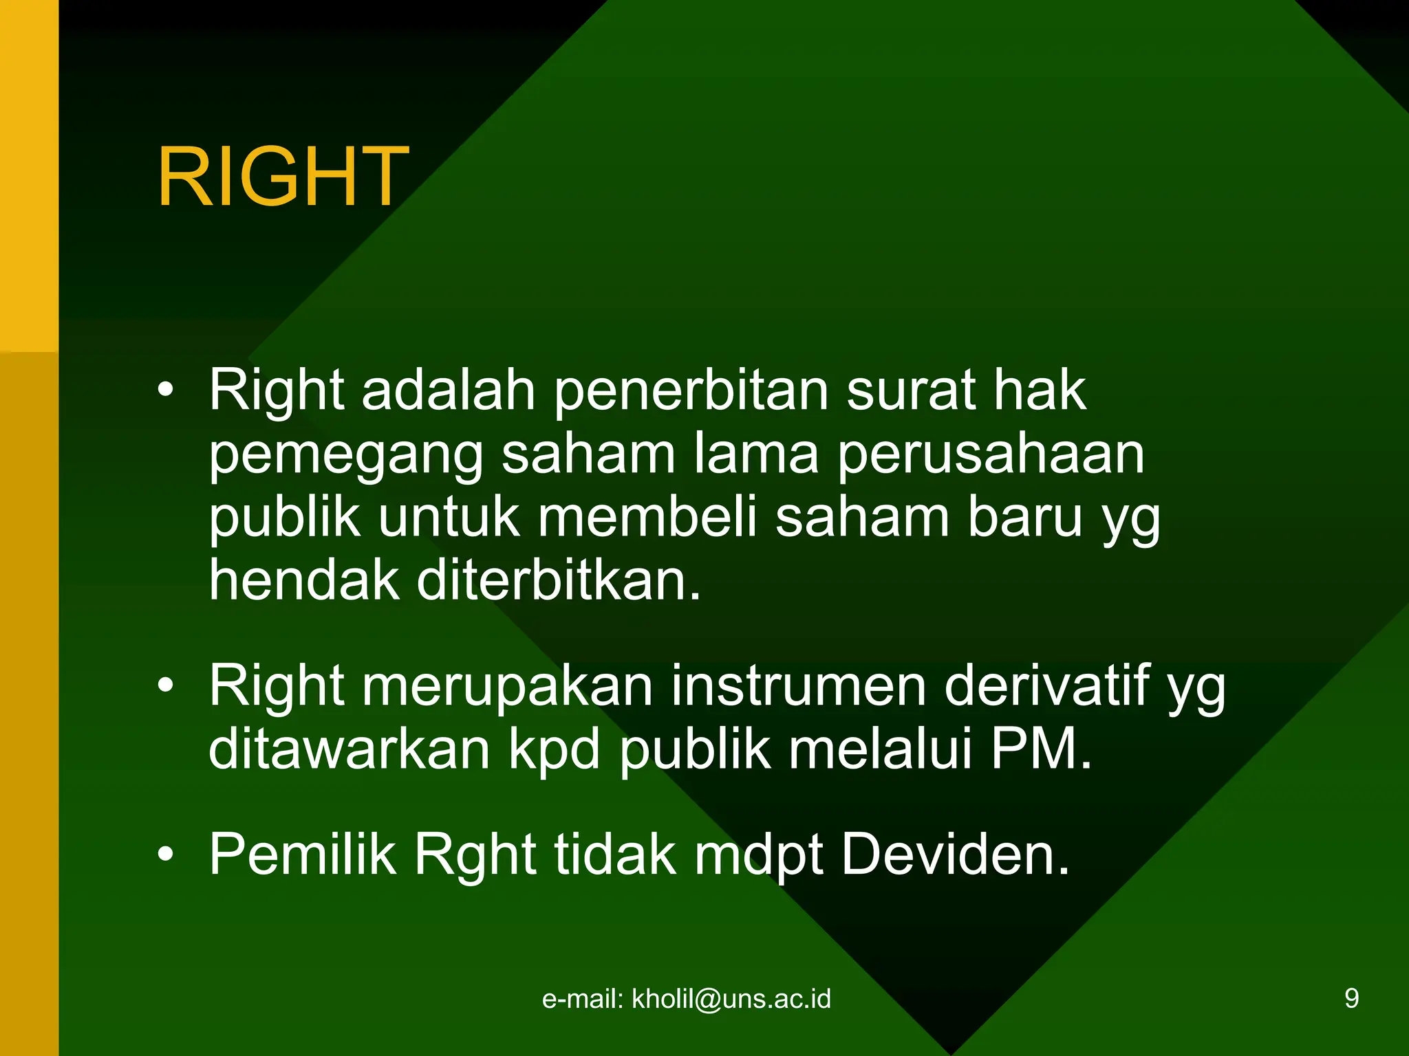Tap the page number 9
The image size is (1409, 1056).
pos(1351,999)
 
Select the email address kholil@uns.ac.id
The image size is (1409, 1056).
pos(731,999)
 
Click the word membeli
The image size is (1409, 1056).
pos(647,518)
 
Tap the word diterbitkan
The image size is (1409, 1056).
pos(558,581)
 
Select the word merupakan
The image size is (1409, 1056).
pos(507,687)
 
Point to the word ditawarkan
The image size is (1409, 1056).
pos(349,749)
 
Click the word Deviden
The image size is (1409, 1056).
pos(955,855)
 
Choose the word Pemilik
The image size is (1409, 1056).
pos(303,855)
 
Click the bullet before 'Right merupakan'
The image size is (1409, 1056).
pos(165,685)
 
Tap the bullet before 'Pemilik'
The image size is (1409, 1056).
pos(165,855)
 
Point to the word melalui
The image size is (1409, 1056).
pos(880,749)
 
